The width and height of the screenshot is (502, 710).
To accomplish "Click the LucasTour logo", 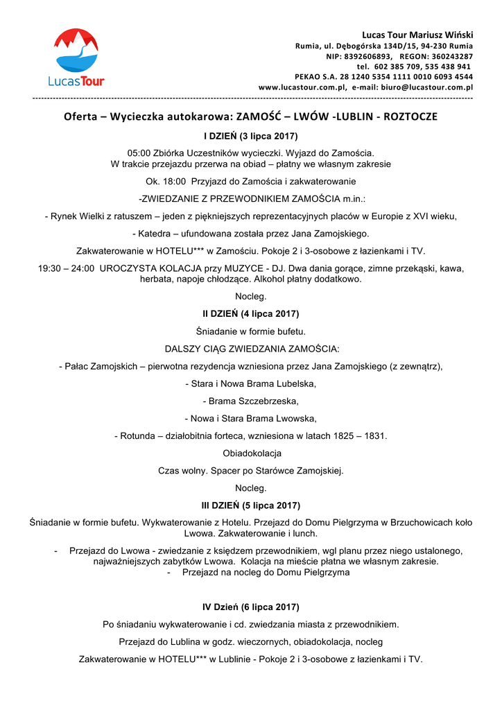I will (76, 58).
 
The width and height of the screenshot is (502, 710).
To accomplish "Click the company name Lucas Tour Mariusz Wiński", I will (417, 35).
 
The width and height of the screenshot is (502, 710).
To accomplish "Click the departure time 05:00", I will (139, 153).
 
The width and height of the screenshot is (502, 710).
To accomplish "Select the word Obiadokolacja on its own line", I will (251, 453).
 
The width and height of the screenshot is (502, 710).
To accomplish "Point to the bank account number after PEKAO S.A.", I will (399, 77).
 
